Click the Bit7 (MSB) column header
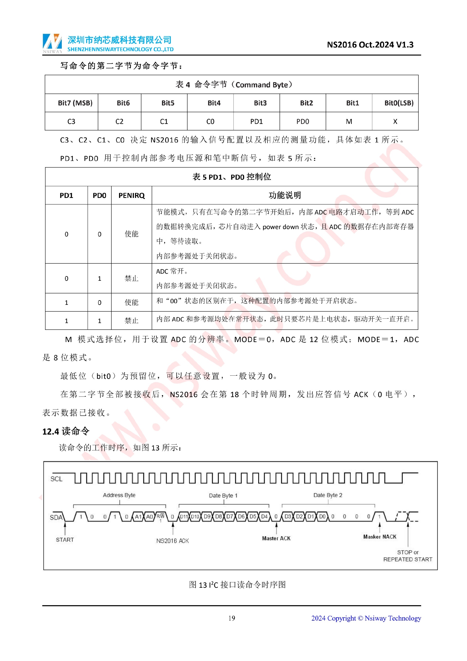click(75, 103)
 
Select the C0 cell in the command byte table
click(210, 121)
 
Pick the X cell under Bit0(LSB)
click(395, 121)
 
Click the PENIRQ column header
click(131, 196)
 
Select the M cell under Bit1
click(349, 121)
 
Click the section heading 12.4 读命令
click(66, 431)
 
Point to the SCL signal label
click(56, 479)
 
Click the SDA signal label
click(56, 517)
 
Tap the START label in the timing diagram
click(65, 540)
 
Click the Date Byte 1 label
click(223, 495)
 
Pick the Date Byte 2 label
click(328, 495)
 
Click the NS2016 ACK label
click(172, 541)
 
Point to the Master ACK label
click(276, 538)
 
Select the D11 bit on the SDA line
click(184, 517)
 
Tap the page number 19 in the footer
click(232, 618)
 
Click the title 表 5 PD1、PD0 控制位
click(232, 177)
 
